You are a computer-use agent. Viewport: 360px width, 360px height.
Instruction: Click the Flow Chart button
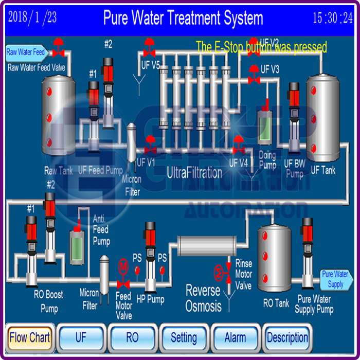tap(30, 338)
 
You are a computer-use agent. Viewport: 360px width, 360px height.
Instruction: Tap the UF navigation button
tap(80, 338)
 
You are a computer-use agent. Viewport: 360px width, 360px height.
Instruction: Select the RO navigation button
tap(132, 338)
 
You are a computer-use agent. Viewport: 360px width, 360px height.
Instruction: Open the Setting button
tap(184, 338)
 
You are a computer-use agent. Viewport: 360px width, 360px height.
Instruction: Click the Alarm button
tap(235, 338)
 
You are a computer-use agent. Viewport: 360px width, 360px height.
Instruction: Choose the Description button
tap(287, 338)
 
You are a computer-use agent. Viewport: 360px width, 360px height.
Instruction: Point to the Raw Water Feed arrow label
tap(25, 52)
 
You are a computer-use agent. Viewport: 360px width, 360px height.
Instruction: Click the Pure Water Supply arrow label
tap(335, 280)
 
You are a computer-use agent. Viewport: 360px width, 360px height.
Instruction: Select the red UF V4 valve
tap(239, 146)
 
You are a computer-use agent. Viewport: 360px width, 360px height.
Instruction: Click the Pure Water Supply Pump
tap(308, 252)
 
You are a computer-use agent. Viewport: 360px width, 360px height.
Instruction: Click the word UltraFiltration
tap(194, 173)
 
